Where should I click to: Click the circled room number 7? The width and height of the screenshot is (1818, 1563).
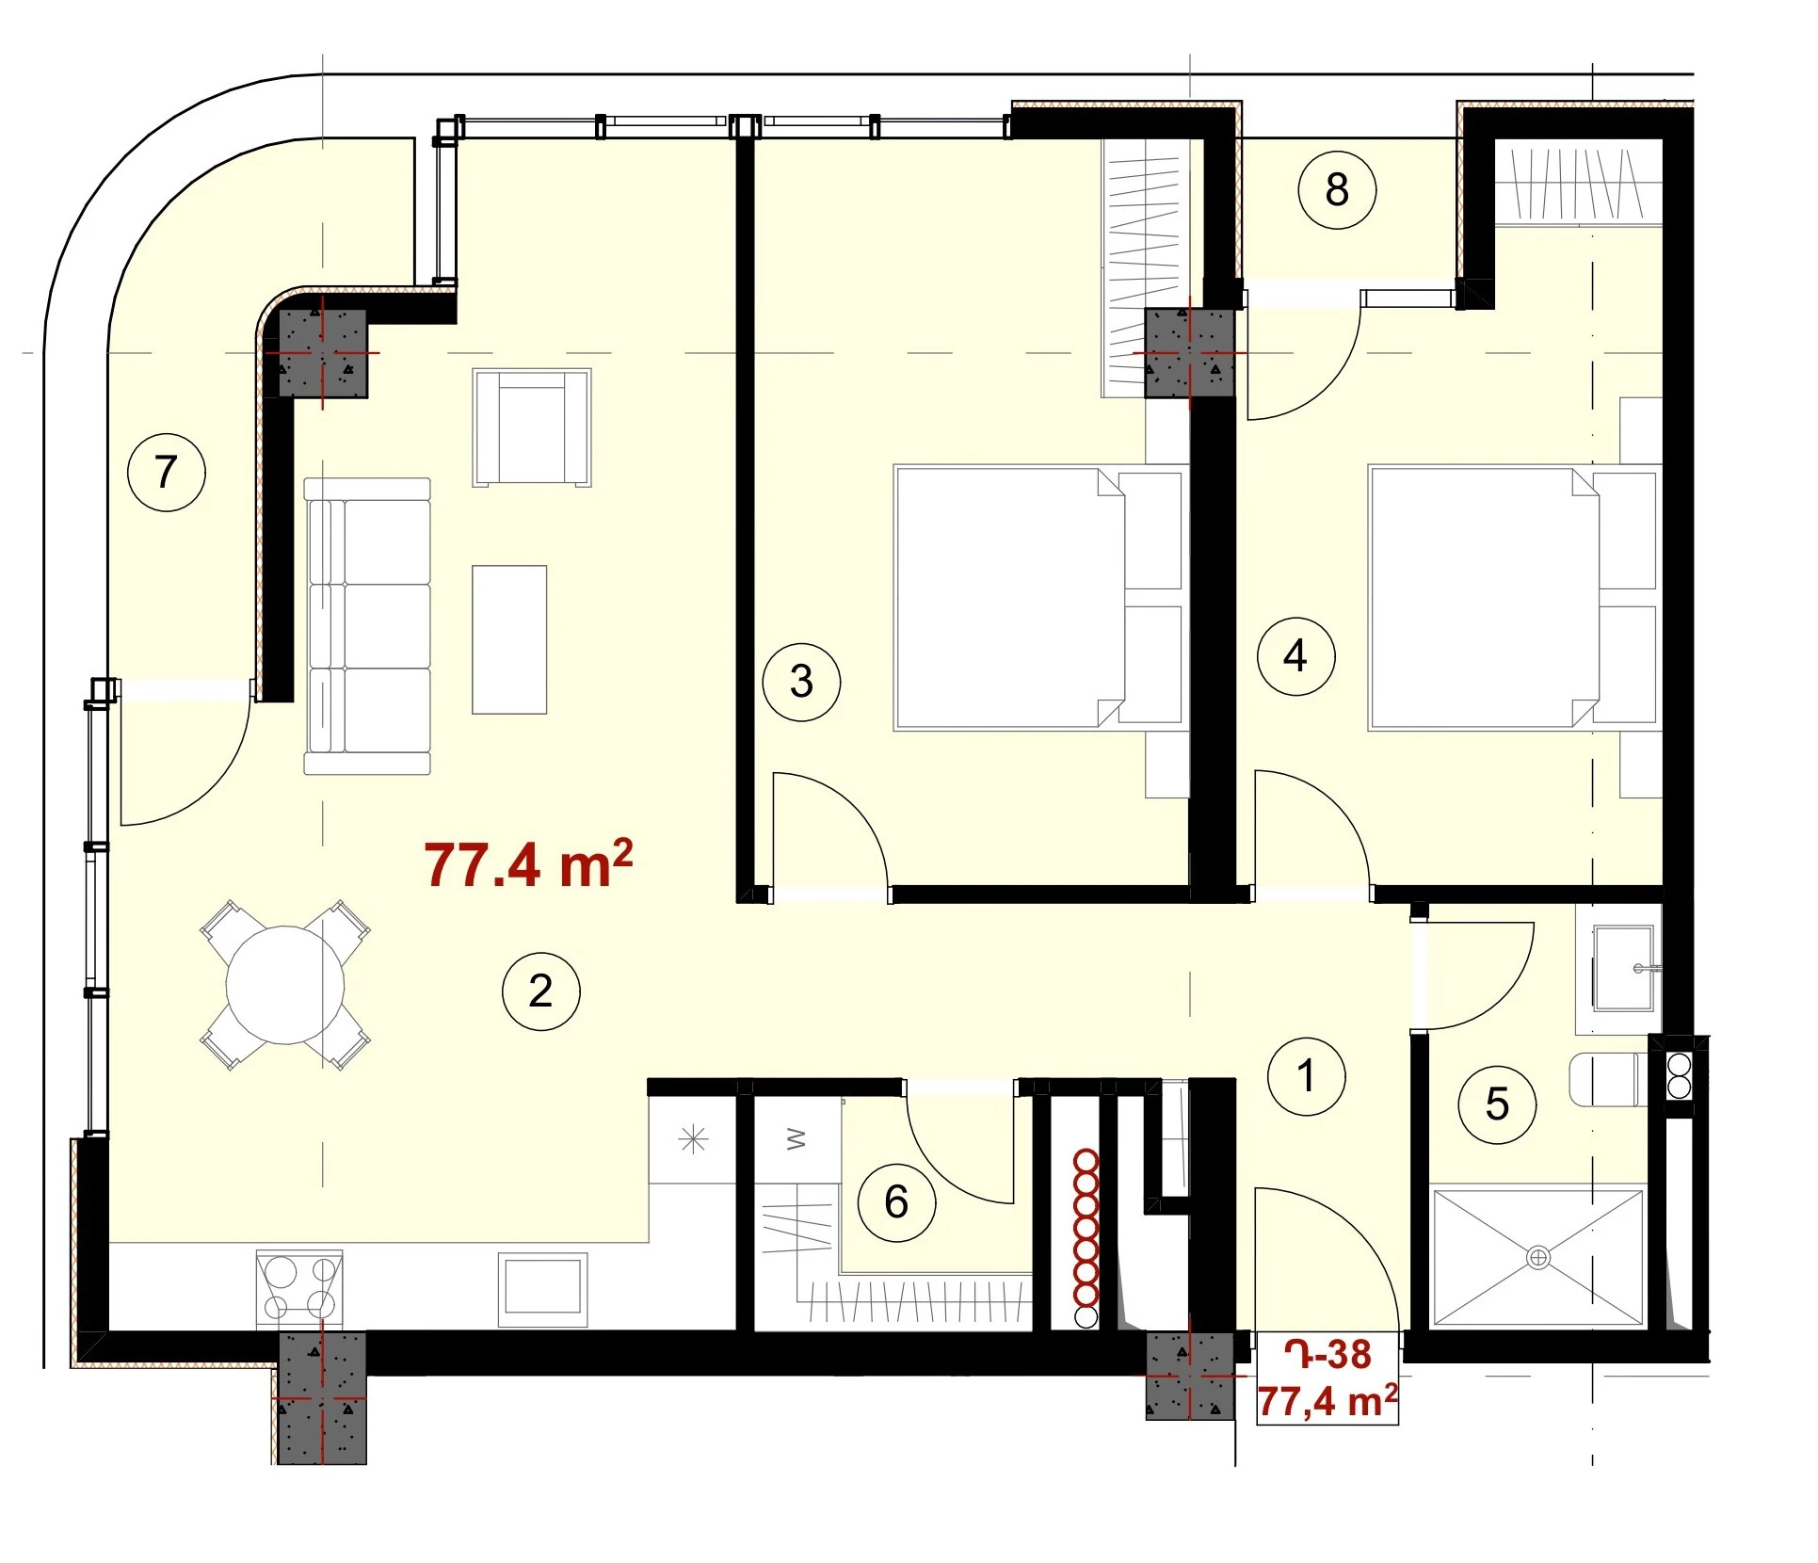[167, 472]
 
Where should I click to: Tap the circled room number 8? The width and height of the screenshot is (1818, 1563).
[1337, 189]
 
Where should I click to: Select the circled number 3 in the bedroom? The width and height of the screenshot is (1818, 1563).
[801, 682]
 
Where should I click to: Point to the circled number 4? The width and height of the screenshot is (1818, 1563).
[1296, 655]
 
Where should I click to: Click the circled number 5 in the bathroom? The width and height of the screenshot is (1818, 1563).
[1497, 1104]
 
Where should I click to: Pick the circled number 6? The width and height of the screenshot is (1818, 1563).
[896, 1202]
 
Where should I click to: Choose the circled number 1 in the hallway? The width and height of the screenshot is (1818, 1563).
[1306, 1076]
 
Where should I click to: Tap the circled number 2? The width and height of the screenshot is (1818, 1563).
[540, 991]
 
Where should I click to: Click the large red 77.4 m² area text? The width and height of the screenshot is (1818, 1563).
[528, 863]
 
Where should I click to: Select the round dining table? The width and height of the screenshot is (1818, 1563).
[284, 985]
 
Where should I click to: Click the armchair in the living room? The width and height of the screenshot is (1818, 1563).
[532, 427]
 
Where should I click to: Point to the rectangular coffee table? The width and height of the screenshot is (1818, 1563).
[509, 639]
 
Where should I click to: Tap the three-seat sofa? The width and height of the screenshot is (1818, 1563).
[367, 626]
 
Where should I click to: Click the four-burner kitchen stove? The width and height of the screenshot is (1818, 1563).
[299, 1287]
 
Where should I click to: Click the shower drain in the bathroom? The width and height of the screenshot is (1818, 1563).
[1537, 1257]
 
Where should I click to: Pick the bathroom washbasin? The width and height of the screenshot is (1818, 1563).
[1623, 968]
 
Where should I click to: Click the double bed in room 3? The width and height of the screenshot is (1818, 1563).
[1038, 598]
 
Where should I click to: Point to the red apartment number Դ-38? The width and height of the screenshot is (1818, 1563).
[1328, 1354]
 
